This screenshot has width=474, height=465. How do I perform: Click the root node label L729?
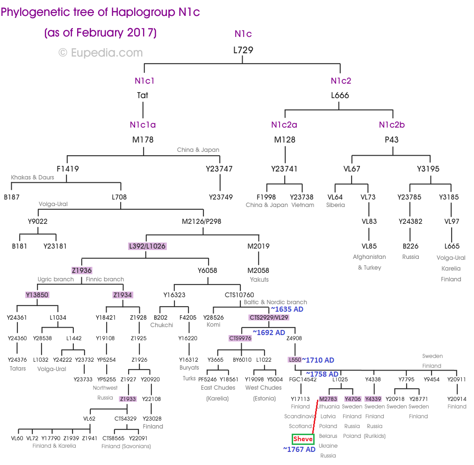243,50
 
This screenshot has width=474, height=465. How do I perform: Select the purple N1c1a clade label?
143,125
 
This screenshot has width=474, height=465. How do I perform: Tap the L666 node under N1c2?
340,95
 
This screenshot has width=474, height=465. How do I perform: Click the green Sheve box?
303,439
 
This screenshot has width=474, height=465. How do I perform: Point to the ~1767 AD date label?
299,450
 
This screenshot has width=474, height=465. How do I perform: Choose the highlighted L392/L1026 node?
147,246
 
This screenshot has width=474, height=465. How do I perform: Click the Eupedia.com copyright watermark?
100,53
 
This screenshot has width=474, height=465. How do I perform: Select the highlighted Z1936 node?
82,270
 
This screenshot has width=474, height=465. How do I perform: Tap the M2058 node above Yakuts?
259,270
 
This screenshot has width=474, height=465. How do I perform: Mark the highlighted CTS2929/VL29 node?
269,317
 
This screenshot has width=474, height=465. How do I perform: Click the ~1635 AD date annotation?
287,309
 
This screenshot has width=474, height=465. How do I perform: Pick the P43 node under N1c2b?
393,139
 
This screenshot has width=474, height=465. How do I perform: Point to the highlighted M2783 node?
328,399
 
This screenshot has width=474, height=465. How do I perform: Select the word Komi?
213,324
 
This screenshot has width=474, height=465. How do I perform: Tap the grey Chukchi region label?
162,325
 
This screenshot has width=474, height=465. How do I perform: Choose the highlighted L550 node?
294,360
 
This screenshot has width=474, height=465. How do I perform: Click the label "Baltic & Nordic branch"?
275,302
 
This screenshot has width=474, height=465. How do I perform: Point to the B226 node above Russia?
410,246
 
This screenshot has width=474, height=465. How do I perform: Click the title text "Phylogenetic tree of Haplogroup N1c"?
100,12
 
